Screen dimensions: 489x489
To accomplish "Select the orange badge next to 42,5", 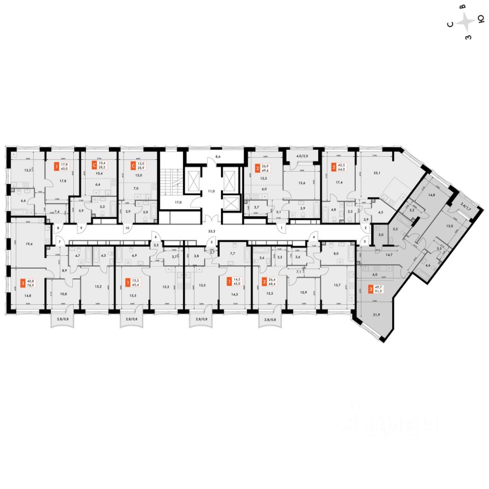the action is pos(334,166).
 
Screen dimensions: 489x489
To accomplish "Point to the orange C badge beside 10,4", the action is pos(94,166).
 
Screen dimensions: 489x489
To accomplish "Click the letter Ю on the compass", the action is pos(480,20).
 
